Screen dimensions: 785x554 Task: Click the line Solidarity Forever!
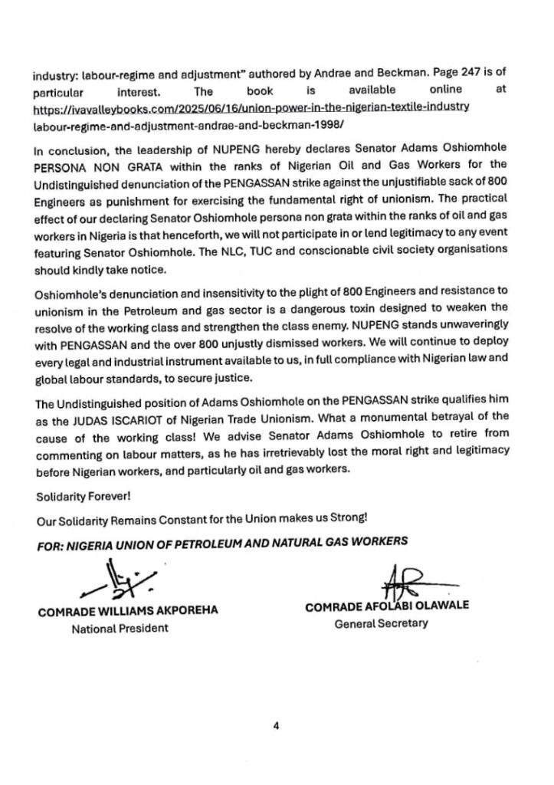pos(77,477)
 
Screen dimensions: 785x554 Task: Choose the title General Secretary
pos(382,623)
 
